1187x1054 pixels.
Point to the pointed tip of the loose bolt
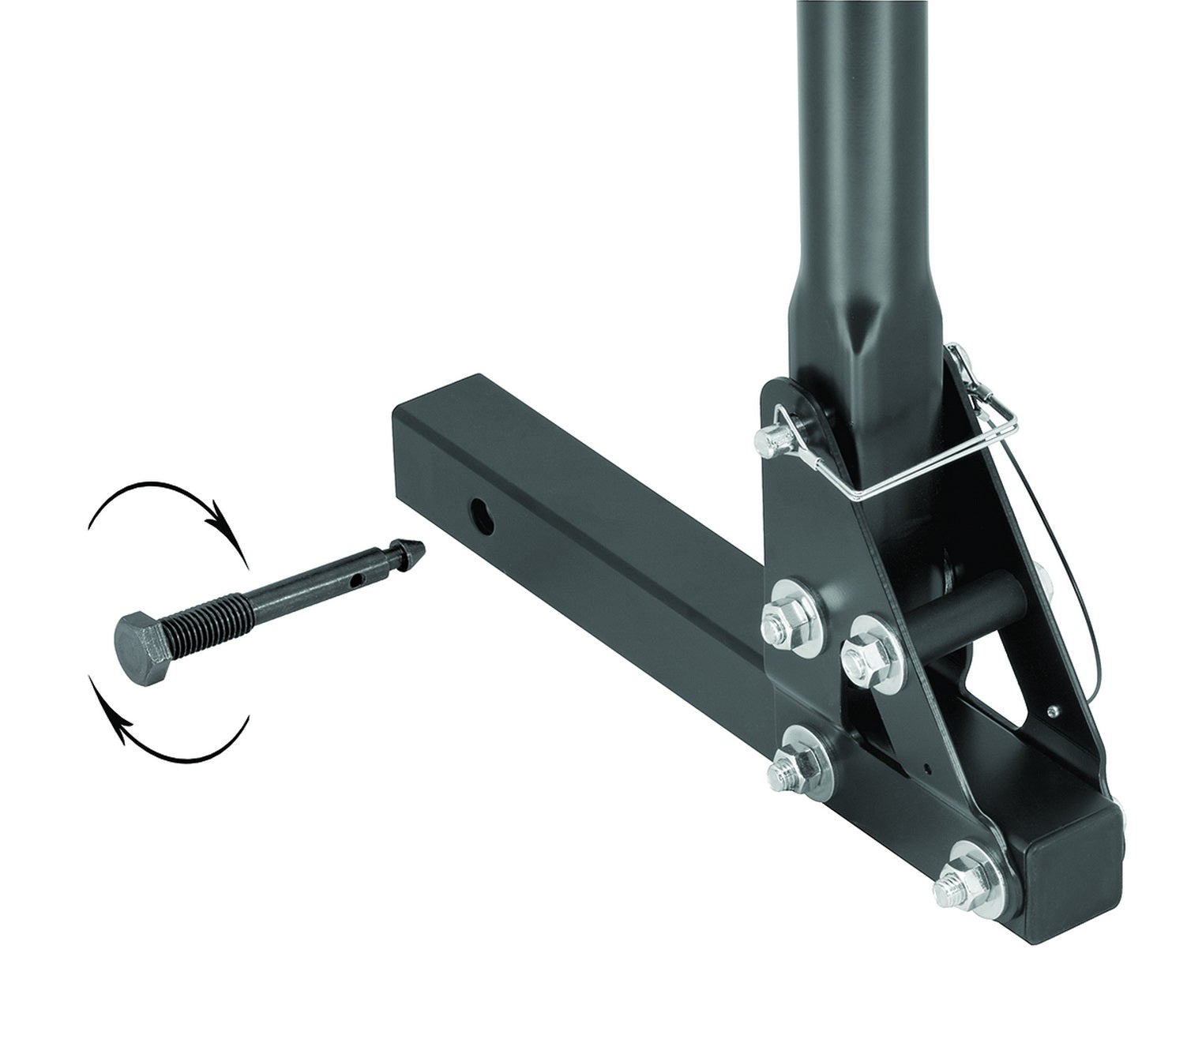coord(415,548)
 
